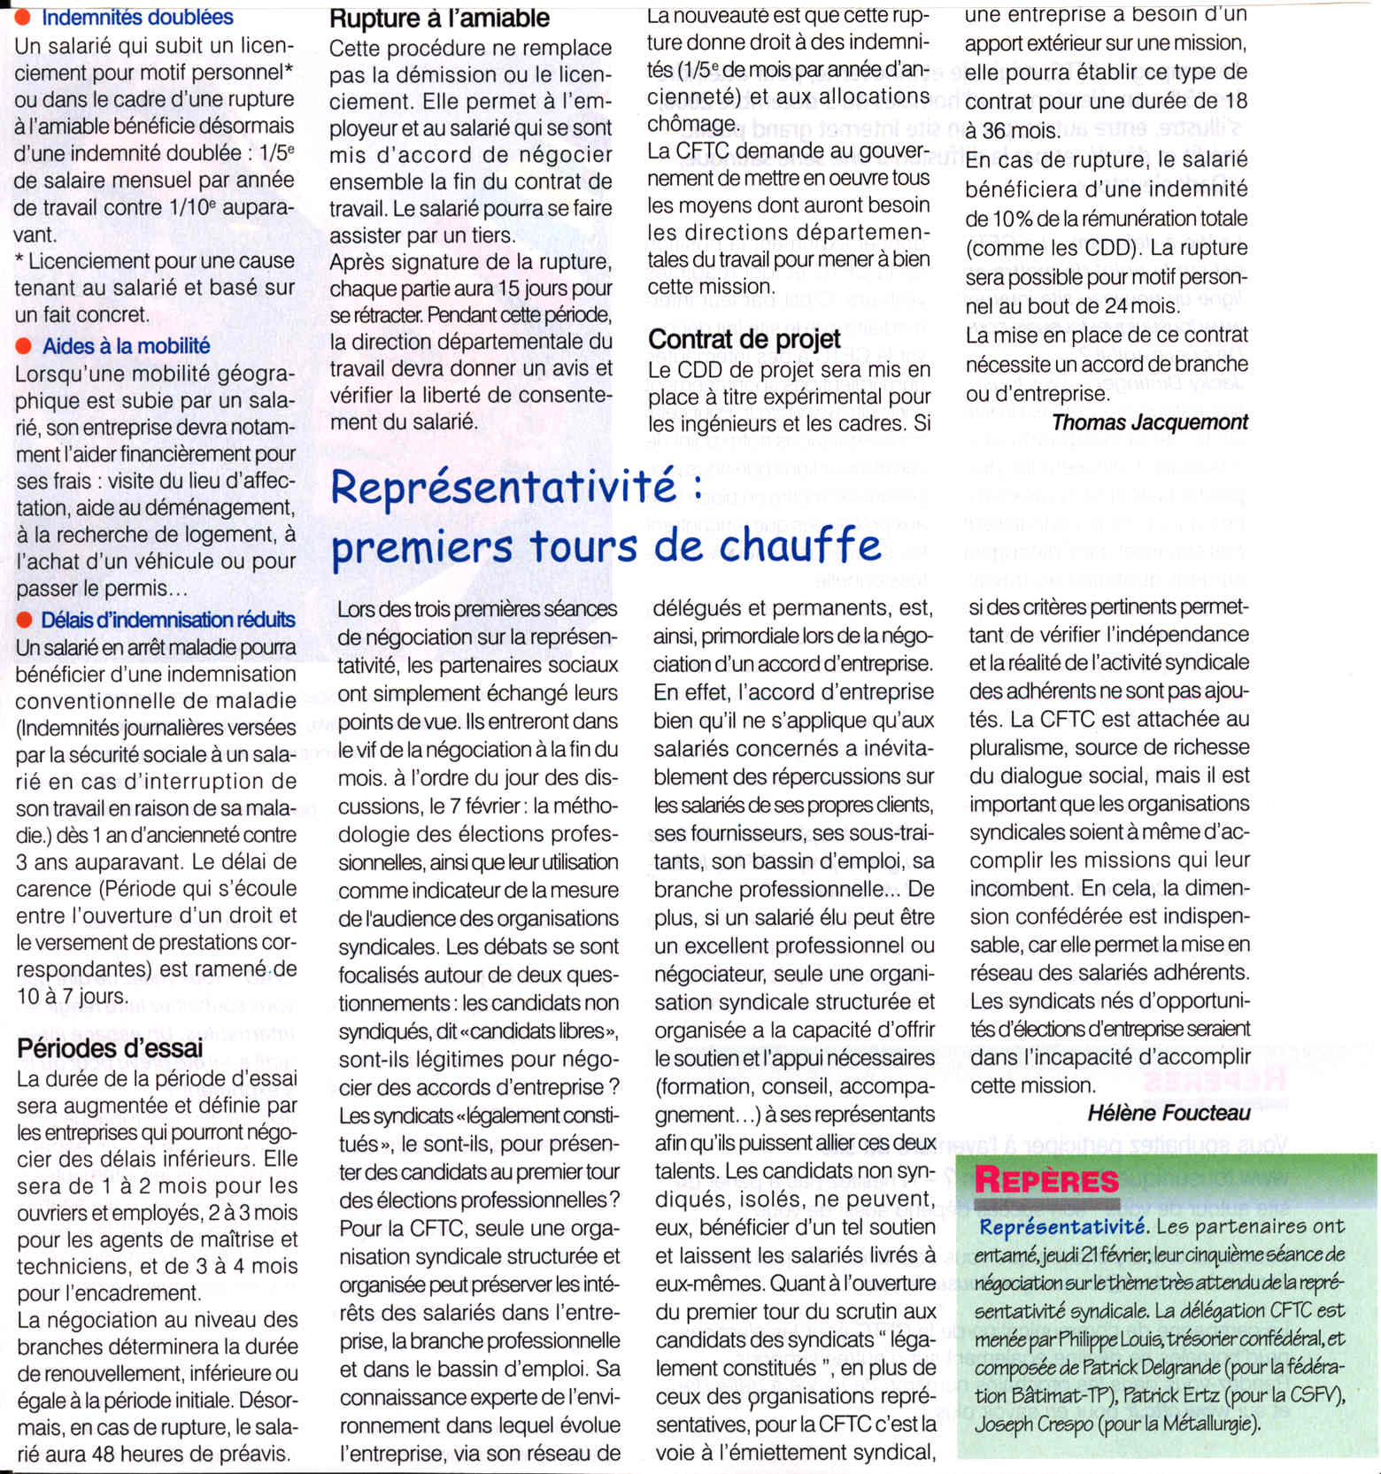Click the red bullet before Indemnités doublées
click(24, 17)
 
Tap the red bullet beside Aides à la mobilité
click(24, 345)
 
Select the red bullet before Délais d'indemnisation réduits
click(24, 620)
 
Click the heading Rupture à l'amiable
click(439, 18)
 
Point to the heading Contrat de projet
click(744, 339)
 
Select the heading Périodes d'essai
click(110, 1048)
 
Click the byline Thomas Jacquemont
click(1149, 422)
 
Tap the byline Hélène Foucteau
click(1169, 1113)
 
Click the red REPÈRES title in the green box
click(1046, 1181)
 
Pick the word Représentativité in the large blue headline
click(504, 488)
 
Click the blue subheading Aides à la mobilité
click(126, 346)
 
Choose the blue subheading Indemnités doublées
click(137, 17)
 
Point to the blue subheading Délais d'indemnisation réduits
click(167, 620)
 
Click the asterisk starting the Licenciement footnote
click(20, 261)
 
